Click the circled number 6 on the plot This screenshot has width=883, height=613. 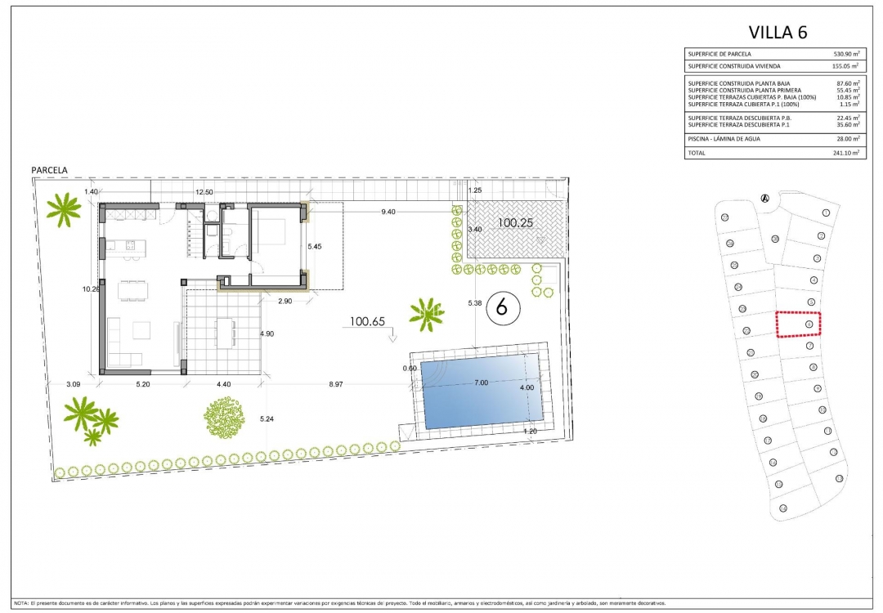(x=503, y=307)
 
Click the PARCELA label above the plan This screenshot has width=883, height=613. (x=49, y=170)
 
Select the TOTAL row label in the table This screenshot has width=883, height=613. (x=697, y=152)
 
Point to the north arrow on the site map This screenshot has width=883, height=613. (x=765, y=197)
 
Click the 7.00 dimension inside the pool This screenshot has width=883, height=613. (x=481, y=383)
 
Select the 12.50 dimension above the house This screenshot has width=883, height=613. (x=204, y=191)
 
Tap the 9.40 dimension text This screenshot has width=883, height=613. (x=388, y=212)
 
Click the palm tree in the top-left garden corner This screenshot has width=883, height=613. (x=63, y=211)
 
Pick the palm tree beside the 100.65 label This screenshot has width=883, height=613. (x=426, y=314)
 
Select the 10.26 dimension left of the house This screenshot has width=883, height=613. (x=90, y=289)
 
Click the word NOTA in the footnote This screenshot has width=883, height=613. (x=21, y=602)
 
